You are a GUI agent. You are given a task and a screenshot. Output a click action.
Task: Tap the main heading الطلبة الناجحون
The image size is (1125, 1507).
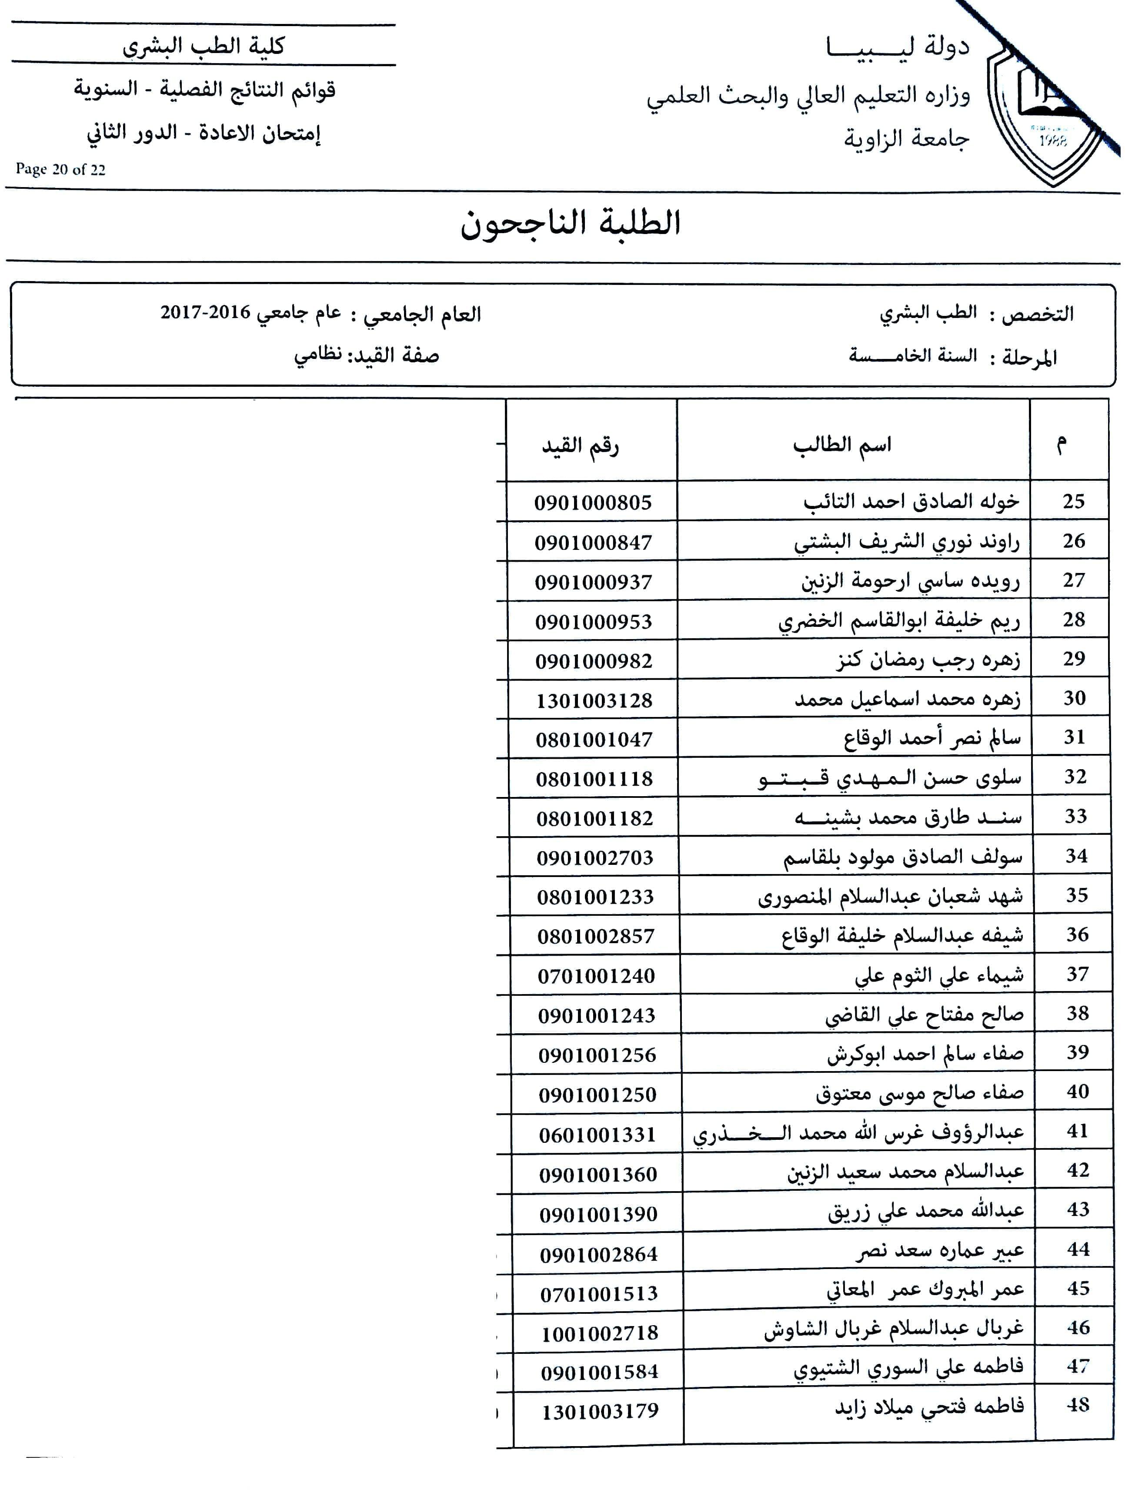point(570,224)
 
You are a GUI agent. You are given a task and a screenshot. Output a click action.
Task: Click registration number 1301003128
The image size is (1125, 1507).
point(594,700)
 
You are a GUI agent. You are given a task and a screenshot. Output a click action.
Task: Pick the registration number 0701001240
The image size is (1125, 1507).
point(596,976)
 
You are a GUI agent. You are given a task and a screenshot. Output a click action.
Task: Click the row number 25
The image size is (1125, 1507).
point(1073,502)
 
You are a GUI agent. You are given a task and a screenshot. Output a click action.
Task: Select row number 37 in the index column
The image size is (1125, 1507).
point(1077,974)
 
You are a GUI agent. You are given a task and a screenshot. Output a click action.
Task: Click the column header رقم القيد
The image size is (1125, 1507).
point(580,446)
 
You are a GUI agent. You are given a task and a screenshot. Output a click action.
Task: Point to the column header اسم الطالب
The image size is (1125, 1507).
point(842,445)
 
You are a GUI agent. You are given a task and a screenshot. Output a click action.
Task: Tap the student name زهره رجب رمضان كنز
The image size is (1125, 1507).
point(928,660)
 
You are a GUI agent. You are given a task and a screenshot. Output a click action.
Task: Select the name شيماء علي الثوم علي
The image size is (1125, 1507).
point(938,976)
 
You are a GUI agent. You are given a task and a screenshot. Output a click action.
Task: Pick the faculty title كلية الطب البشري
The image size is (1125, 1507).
point(203,46)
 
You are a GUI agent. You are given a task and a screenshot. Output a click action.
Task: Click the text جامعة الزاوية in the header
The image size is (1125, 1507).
point(906,140)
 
